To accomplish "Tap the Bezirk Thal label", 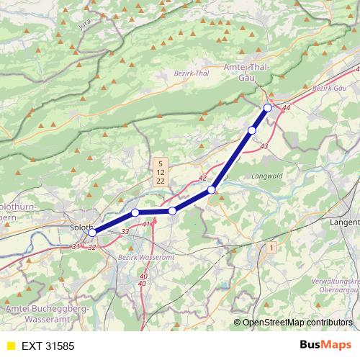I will pos(192,73).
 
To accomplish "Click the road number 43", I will pos(264,146).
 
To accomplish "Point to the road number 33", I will pos(125,231).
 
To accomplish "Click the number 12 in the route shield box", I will pos(160,173).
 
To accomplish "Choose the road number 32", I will pos(91,247).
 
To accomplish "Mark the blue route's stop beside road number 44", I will pos(268,107).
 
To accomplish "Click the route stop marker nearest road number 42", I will pos(212,189).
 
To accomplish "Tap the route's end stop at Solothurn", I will pos(92,233).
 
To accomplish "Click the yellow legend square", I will pos(10,346).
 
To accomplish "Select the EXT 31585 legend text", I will pos(48,346).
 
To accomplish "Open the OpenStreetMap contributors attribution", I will pos(297,323).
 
